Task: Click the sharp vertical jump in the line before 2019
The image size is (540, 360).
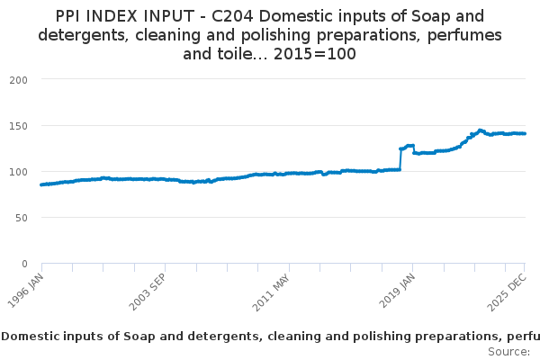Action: tap(400, 159)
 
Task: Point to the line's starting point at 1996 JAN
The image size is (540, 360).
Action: tap(42, 184)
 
